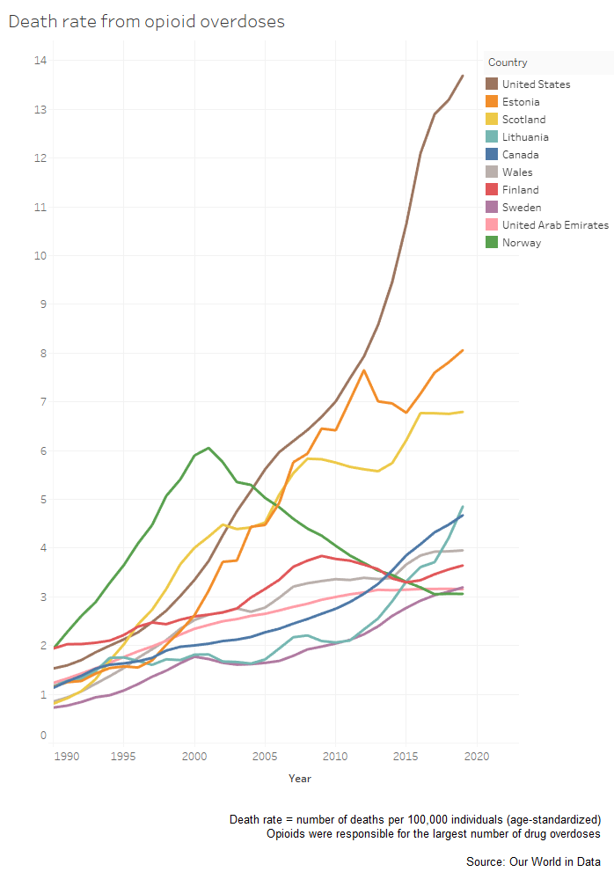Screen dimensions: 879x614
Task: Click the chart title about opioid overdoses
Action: [146, 21]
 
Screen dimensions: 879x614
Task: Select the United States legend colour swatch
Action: [493, 84]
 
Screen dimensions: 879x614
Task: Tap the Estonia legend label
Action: [521, 102]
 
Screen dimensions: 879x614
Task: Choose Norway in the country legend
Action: [521, 243]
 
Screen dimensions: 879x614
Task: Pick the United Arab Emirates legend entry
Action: [555, 225]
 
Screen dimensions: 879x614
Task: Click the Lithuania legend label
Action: [525, 137]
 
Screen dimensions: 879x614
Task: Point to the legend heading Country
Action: [508, 62]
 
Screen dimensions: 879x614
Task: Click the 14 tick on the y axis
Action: [40, 61]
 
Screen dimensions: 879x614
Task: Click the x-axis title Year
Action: [299, 779]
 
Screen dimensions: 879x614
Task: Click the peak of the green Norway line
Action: [208, 448]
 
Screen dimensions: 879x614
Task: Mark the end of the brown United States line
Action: [463, 76]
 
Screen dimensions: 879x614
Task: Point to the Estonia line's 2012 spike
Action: [364, 370]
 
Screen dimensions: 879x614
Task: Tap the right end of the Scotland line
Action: [463, 412]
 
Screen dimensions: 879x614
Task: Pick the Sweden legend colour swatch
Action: [493, 208]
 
